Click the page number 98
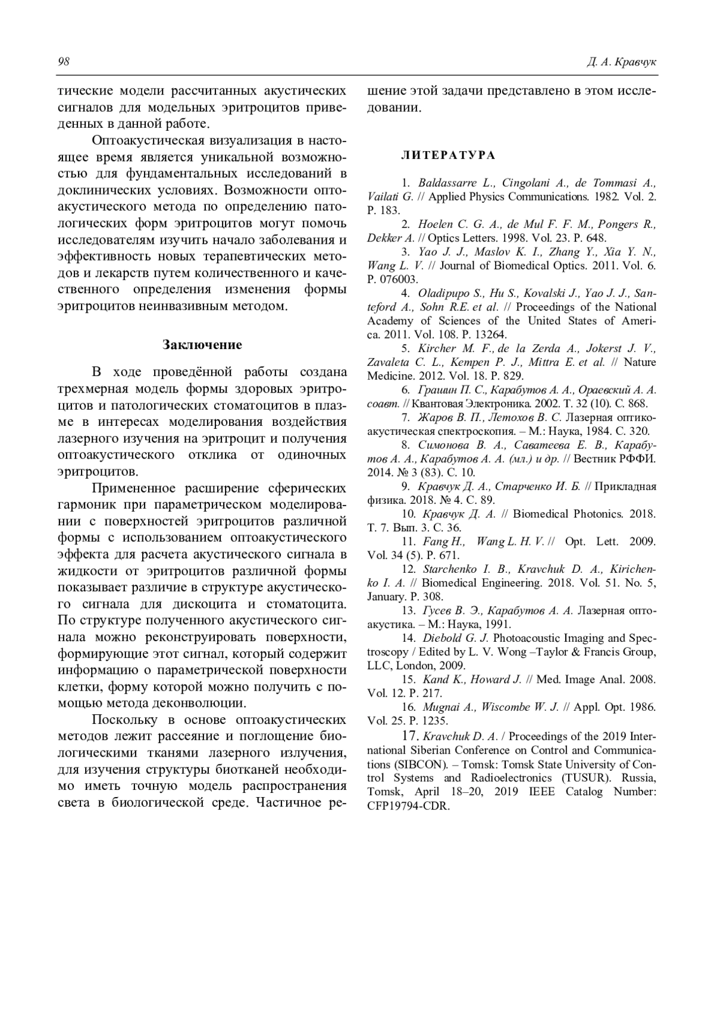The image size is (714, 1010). (64, 62)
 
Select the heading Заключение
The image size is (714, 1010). (202, 344)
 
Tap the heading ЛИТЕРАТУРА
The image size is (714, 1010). (447, 155)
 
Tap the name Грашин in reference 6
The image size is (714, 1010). (439, 390)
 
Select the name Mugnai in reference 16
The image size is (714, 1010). (440, 707)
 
